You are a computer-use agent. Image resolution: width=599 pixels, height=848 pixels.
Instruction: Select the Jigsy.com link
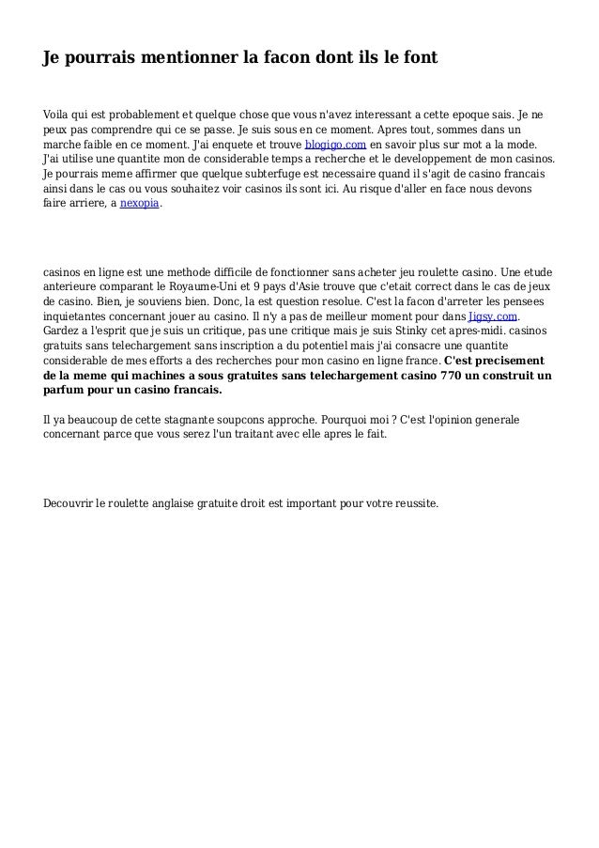pyautogui.click(x=493, y=317)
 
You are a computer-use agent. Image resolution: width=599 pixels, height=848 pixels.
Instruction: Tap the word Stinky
pyautogui.click(x=385, y=331)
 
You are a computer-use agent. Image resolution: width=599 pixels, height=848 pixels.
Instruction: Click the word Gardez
pyautogui.click(x=62, y=331)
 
